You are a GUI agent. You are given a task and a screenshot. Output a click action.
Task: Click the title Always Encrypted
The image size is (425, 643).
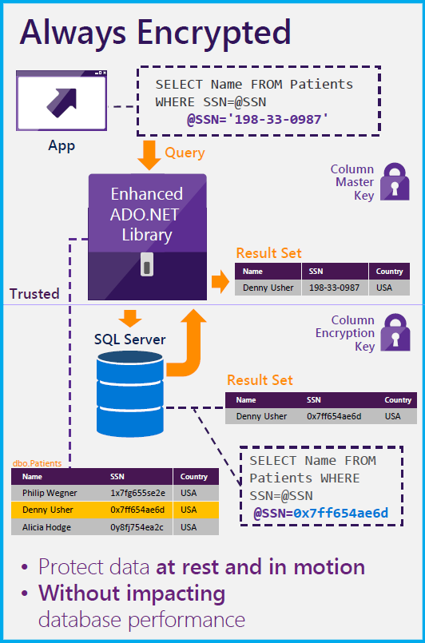156,32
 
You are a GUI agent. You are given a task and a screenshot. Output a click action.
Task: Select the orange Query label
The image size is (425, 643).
185,153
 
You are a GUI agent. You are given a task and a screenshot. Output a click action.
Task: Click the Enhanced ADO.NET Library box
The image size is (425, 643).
147,213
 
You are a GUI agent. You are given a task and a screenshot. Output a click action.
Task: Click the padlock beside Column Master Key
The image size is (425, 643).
395,181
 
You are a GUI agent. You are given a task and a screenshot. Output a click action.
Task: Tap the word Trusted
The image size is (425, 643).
34,293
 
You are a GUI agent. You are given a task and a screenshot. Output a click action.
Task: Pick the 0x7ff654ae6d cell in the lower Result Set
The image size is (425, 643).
334,416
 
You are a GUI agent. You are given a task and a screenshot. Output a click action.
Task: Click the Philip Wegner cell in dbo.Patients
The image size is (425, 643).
49,493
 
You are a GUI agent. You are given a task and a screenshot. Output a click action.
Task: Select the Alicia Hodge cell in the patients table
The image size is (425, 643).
46,527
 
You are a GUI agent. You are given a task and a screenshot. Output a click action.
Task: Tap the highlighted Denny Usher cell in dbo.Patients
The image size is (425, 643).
48,510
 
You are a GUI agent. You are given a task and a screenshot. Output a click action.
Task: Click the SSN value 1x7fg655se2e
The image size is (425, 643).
137,493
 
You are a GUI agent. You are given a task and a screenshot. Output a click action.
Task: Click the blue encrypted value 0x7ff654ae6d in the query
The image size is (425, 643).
341,513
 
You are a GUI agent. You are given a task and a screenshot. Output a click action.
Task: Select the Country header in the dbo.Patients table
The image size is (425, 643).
194,476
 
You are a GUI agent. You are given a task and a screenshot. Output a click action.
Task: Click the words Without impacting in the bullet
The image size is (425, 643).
132,593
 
